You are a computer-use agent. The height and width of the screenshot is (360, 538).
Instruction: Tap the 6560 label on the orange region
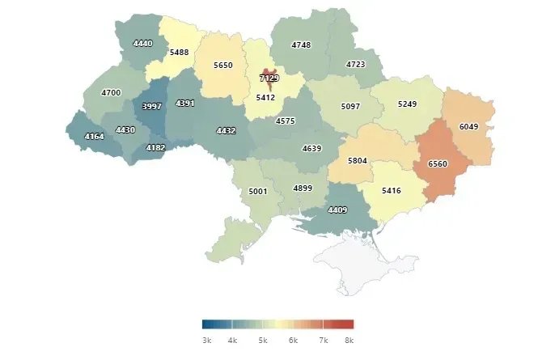(437, 163)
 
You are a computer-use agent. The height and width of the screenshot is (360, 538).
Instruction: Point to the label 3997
(152, 106)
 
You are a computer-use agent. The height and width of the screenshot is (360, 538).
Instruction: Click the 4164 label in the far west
(94, 136)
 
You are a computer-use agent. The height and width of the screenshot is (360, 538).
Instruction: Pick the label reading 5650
(223, 65)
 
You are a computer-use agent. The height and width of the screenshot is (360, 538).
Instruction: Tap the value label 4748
(301, 44)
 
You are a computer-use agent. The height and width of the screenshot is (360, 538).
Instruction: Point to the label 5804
(357, 160)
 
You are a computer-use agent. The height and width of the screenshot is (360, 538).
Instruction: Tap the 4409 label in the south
(337, 210)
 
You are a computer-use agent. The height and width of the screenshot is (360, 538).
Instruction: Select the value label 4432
(226, 130)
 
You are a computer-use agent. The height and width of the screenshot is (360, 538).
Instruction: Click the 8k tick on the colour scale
(349, 341)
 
